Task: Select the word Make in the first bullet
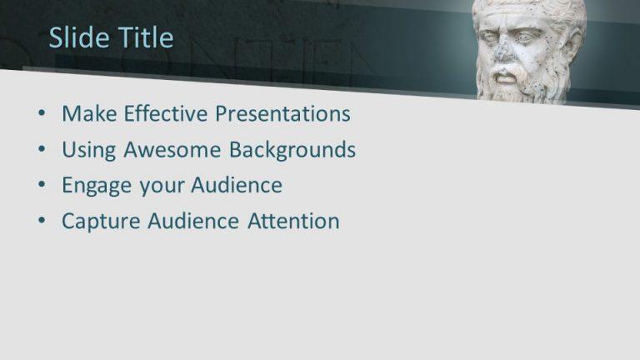(x=87, y=113)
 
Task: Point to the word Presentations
(x=282, y=113)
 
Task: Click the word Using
(x=89, y=150)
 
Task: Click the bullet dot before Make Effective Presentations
(x=42, y=114)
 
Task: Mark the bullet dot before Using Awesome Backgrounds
(x=42, y=151)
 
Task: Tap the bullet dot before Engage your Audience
(x=42, y=186)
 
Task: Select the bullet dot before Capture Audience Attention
(x=42, y=222)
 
